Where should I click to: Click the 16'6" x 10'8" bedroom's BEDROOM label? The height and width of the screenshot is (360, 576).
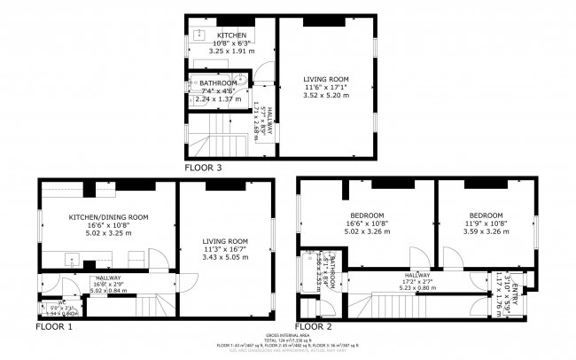(366, 216)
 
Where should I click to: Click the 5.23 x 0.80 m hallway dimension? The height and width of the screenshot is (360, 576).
(417, 287)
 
